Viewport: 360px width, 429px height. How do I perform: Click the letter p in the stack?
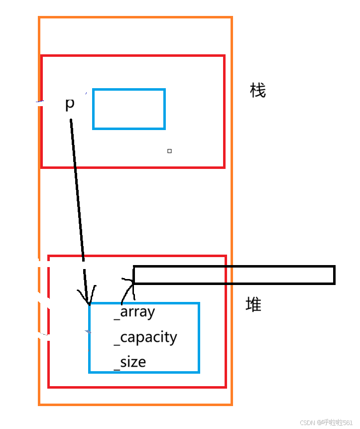(x=70, y=104)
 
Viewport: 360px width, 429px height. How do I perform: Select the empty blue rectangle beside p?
(x=129, y=109)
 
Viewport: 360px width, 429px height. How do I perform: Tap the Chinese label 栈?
(x=258, y=91)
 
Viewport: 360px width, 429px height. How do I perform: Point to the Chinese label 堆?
(x=253, y=304)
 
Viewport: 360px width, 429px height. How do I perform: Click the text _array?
(x=134, y=312)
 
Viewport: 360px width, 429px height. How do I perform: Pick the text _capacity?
(x=145, y=337)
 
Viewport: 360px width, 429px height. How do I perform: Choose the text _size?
(x=130, y=362)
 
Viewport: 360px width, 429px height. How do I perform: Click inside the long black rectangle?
(x=234, y=275)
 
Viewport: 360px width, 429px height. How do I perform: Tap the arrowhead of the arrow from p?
(x=88, y=300)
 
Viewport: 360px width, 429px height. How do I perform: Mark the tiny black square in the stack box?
(x=169, y=150)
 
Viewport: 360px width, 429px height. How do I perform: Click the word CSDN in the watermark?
(x=308, y=423)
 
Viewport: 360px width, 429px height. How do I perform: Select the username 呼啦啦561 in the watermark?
(x=337, y=423)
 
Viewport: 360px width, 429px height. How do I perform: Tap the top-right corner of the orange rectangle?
(x=232, y=18)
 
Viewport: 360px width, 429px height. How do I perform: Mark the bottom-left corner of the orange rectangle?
(x=39, y=404)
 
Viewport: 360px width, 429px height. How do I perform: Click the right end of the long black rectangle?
(x=334, y=275)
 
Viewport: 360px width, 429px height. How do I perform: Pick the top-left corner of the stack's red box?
(x=42, y=56)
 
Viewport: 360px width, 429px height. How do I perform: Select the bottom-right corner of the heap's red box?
(x=226, y=387)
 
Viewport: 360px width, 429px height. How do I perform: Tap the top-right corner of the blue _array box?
(x=199, y=303)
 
